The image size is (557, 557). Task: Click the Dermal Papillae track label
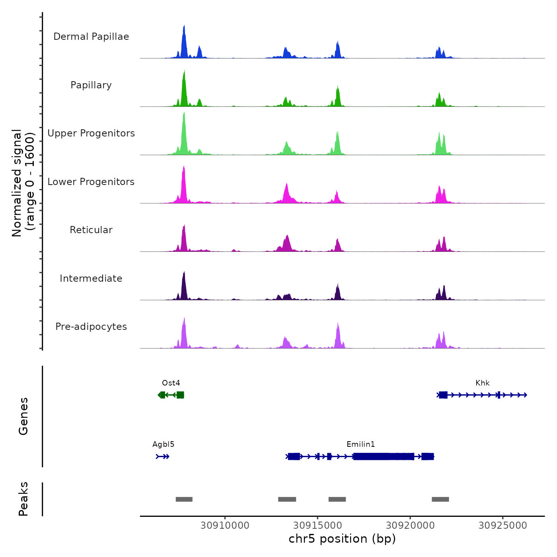(91, 37)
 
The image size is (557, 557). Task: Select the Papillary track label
(91, 85)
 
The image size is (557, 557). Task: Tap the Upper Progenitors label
(91, 133)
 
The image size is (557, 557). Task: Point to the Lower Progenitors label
(91, 182)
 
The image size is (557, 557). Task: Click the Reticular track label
(91, 230)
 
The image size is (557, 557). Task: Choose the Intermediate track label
(91, 278)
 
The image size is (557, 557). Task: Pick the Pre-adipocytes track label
(91, 327)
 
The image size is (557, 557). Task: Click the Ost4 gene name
(171, 383)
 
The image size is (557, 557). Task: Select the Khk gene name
(482, 383)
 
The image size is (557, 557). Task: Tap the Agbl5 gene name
(164, 444)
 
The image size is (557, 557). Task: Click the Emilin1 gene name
(360, 444)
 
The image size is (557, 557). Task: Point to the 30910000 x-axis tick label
(225, 526)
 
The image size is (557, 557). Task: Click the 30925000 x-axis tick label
(502, 526)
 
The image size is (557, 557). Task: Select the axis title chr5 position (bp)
(342, 539)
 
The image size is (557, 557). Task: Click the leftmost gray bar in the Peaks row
(184, 499)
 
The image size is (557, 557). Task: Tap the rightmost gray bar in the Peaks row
(440, 499)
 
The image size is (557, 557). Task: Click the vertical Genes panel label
(23, 416)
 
